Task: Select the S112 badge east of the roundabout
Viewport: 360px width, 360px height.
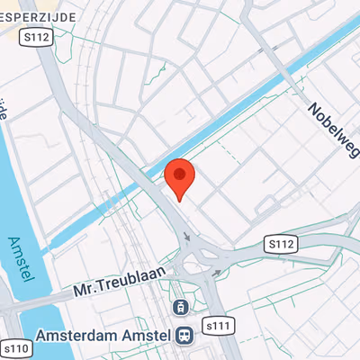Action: coord(282,243)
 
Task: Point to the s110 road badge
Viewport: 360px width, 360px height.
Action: coord(15,347)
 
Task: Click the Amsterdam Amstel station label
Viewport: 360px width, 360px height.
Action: coord(102,336)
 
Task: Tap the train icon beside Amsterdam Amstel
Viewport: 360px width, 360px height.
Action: coord(184,335)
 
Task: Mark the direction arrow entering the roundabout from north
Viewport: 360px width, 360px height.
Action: coord(188,240)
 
